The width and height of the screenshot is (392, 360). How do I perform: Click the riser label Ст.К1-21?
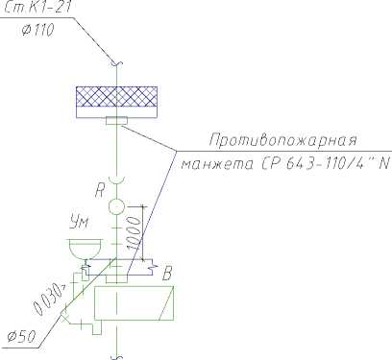37,7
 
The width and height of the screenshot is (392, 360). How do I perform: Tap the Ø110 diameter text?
38,30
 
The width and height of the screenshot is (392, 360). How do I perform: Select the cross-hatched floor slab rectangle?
116,96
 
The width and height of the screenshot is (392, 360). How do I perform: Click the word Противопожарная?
283,140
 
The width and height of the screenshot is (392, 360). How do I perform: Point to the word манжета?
218,164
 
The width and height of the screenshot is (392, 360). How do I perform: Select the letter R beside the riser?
100,191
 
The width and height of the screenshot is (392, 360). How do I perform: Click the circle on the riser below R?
116,206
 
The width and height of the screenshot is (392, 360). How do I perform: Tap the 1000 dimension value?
135,232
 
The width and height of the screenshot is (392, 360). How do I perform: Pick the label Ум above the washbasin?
79,223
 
